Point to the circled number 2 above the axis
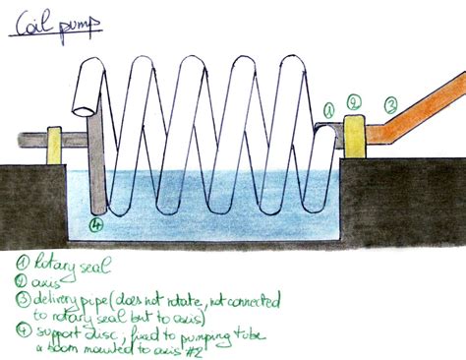click(x=355, y=99)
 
